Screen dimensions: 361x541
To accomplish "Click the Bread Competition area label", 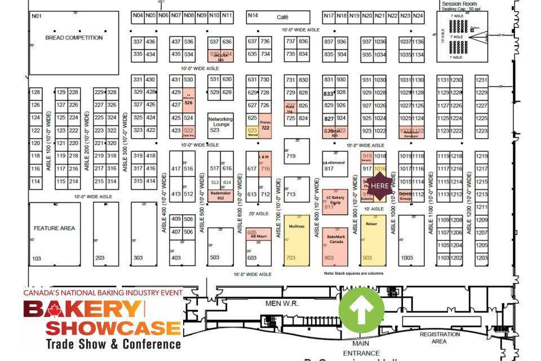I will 74,38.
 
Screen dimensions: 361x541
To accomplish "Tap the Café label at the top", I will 282,17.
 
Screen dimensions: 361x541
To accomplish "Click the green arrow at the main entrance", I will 362,309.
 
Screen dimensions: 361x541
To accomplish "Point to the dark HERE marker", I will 380,186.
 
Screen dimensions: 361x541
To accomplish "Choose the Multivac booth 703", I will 296,240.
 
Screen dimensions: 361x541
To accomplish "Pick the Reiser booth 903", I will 373,240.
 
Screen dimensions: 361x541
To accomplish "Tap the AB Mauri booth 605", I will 258,234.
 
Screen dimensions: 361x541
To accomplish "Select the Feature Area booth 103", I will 55,234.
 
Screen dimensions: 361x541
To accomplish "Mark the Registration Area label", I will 440,337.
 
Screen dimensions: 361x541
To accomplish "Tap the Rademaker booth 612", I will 220,195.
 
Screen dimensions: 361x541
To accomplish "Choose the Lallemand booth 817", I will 335,164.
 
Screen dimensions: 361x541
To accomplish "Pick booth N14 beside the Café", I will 253,16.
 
